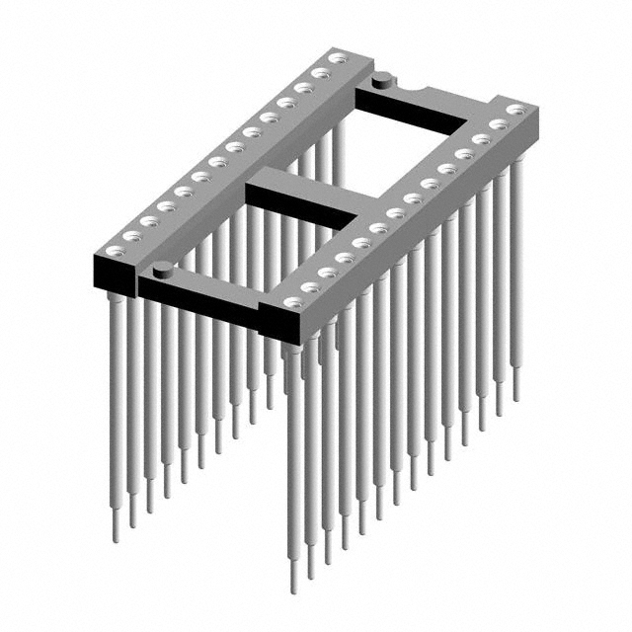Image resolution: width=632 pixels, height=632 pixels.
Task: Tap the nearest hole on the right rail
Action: coord(292,303)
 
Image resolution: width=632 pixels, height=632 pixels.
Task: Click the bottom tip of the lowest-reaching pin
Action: coord(293,589)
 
